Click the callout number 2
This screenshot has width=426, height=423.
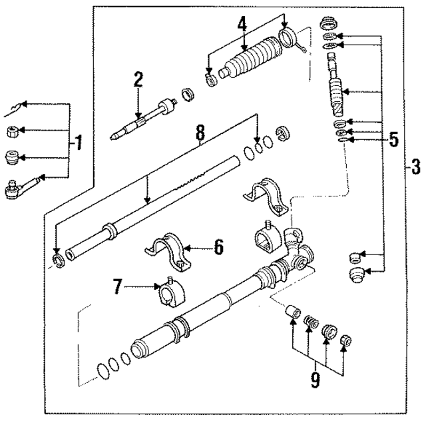coord(138,80)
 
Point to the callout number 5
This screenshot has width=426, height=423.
coord(394,140)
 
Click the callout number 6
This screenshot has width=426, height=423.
coord(218,248)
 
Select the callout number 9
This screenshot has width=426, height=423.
coord(314,380)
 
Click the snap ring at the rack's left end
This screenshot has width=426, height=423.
coord(57,258)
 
